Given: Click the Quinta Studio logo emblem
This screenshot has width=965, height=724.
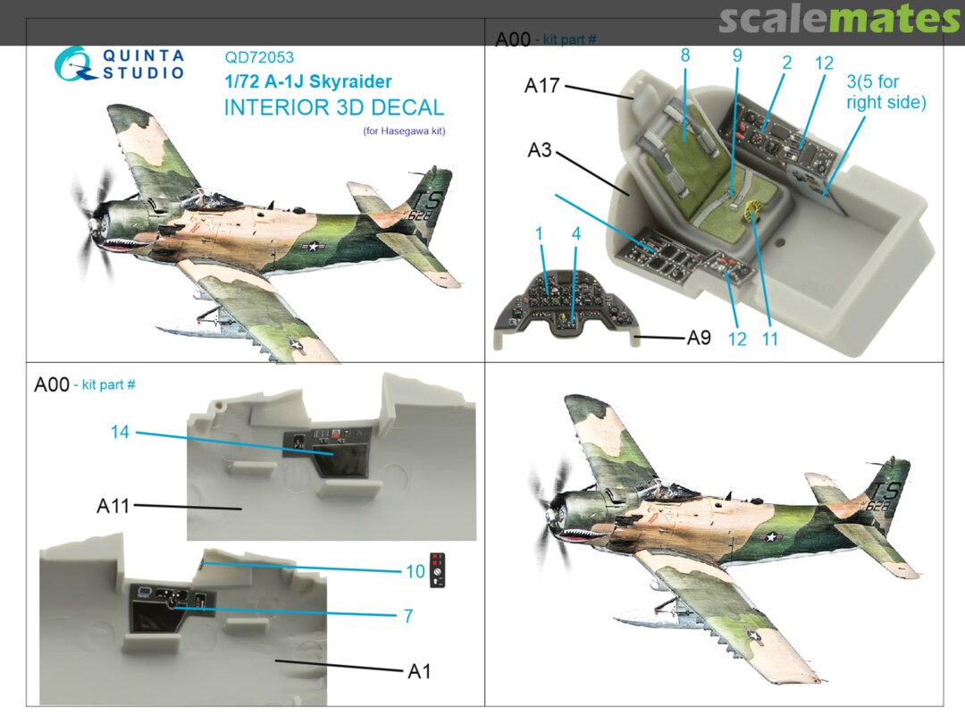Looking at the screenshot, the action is (74, 64).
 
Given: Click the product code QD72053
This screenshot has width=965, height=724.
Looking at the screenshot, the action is (259, 57).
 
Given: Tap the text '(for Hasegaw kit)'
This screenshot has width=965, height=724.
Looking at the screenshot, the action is (404, 131).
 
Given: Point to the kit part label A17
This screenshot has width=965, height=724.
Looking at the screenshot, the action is (541, 86).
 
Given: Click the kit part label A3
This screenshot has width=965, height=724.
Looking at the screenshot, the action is (540, 149).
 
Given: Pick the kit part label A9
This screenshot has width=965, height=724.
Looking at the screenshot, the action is (699, 337).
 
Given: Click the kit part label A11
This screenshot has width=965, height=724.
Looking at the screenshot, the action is (113, 506).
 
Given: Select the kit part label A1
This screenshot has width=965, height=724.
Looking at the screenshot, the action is (419, 671).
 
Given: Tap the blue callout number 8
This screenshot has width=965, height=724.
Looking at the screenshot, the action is (685, 55).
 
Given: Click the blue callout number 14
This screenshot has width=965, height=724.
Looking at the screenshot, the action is (120, 433).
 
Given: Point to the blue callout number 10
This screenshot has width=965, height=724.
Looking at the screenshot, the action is (415, 571).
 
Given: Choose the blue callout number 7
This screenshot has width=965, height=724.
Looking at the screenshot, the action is (408, 616).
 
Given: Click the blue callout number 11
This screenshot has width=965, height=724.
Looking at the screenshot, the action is (770, 339).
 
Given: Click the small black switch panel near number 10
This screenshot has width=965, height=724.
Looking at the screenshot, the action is (438, 570).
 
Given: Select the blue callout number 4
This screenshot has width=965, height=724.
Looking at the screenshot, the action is (576, 234).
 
